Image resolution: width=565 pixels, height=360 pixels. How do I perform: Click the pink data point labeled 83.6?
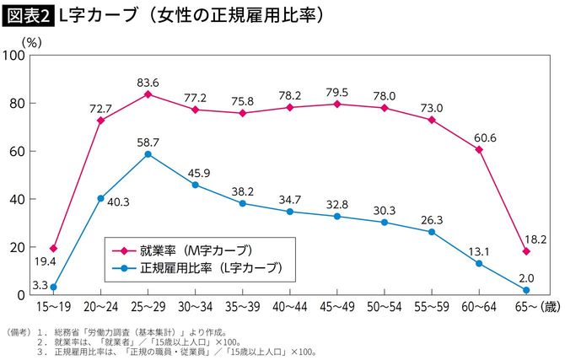tap(148, 94)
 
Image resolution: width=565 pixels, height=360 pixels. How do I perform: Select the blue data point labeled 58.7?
tap(148, 154)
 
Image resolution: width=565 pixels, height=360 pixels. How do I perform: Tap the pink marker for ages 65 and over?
tap(526, 251)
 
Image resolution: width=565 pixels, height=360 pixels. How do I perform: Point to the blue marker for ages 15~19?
tap(53, 287)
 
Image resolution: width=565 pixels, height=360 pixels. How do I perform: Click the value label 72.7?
tap(100, 109)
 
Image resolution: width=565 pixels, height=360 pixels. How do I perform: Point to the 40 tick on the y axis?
tap(19, 200)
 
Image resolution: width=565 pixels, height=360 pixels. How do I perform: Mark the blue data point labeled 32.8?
tap(337, 217)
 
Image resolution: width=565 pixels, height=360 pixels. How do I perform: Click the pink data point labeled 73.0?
tap(432, 120)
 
